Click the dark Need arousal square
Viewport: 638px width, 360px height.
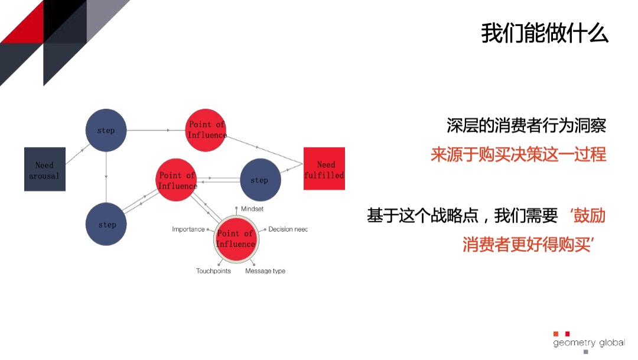[x=44, y=169]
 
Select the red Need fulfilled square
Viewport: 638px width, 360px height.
[x=324, y=168]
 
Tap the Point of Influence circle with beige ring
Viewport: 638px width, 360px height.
[x=235, y=238]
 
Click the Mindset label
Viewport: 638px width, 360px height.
[x=252, y=209]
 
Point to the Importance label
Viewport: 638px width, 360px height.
[x=188, y=229]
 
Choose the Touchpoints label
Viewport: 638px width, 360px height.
[x=213, y=271]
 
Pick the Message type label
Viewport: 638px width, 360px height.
[x=265, y=271]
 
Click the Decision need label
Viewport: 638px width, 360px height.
[x=288, y=229]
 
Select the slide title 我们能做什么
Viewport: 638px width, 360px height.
[x=544, y=34]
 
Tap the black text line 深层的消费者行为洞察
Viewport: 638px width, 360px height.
[x=526, y=126]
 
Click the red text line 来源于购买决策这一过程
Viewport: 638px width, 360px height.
[x=518, y=155]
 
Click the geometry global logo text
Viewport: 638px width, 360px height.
[x=589, y=343]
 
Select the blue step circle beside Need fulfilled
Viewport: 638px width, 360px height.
[x=259, y=180]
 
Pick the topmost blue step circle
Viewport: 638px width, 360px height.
[x=106, y=129]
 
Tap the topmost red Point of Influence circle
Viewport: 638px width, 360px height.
[x=206, y=129]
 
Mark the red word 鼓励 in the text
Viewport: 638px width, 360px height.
[x=590, y=216]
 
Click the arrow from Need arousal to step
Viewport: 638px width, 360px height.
[x=76, y=157]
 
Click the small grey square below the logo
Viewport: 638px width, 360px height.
[x=586, y=352]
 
